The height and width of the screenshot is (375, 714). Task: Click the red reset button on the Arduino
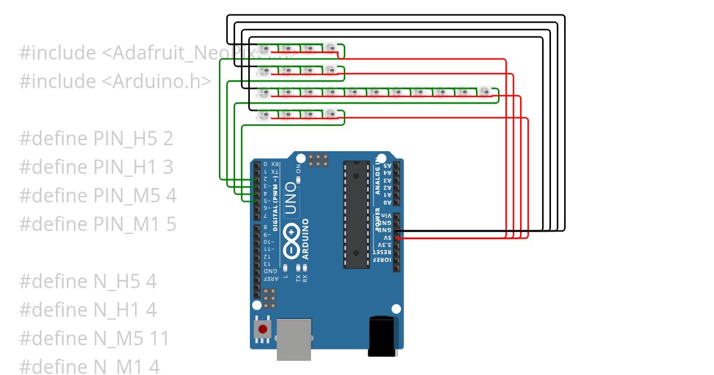[262, 329]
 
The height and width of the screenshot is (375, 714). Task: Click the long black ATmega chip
[356, 214]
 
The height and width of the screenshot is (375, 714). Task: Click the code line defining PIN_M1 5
[98, 224]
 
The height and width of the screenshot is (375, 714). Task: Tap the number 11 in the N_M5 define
[160, 338]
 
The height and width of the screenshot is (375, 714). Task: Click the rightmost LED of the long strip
[485, 92]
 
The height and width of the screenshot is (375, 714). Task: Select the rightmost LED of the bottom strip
[330, 114]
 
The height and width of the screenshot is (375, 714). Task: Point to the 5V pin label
[386, 237]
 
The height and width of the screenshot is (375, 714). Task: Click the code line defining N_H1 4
[88, 310]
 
